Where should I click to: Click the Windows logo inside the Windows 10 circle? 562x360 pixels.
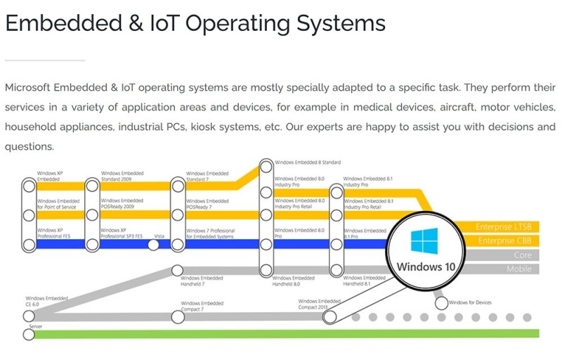(424, 241)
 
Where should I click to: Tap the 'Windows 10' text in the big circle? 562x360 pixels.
(426, 266)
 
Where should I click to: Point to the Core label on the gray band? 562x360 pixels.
(523, 255)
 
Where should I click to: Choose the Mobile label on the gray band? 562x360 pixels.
(520, 269)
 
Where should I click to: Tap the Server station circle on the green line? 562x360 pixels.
(29, 335)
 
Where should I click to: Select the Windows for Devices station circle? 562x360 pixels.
(441, 303)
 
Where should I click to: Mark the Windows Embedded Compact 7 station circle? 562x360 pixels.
(178, 317)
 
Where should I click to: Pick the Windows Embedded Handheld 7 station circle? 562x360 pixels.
(178, 271)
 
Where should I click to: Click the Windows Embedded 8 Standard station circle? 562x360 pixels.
(266, 167)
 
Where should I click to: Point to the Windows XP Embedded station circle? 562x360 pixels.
(29, 186)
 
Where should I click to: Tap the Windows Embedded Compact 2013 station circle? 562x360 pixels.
(329, 317)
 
